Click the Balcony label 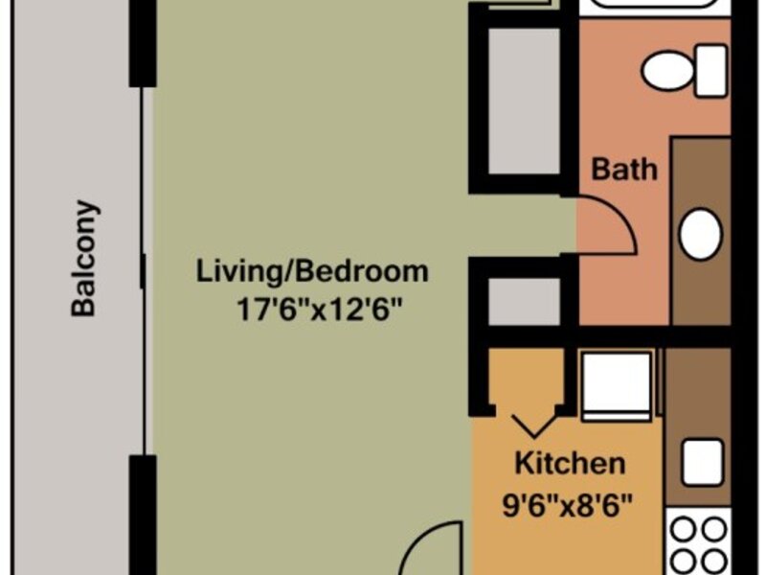pyautogui.click(x=83, y=258)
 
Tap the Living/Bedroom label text pyautogui.click(x=312, y=271)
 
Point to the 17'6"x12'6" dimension pyautogui.click(x=320, y=309)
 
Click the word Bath pyautogui.click(x=624, y=170)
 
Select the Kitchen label pyautogui.click(x=570, y=463)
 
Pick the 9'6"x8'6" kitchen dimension pyautogui.click(x=567, y=505)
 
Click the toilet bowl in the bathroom pyautogui.click(x=667, y=71)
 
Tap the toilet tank pyautogui.click(x=711, y=71)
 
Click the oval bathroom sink pyautogui.click(x=701, y=234)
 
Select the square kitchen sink pyautogui.click(x=703, y=463)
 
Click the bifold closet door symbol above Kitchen pyautogui.click(x=534, y=424)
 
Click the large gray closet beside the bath pyautogui.click(x=524, y=101)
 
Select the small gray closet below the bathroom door pyautogui.click(x=524, y=301)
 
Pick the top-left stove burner pyautogui.click(x=683, y=530)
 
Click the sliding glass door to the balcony pyautogui.click(x=143, y=270)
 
